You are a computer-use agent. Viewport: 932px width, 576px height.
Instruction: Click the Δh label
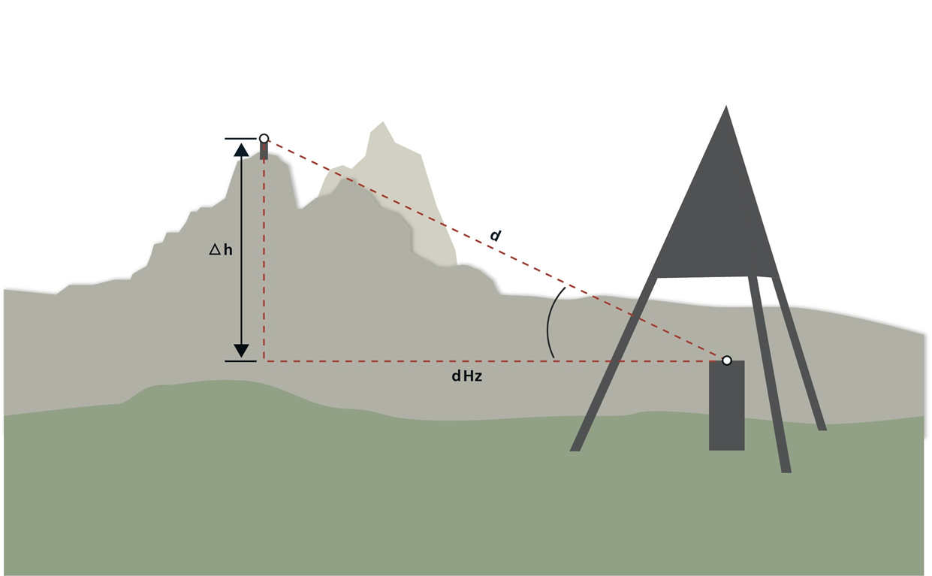click(x=221, y=250)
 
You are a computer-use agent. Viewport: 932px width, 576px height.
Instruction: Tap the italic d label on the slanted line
click(x=495, y=236)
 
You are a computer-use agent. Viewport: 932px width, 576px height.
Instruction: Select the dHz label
click(x=467, y=376)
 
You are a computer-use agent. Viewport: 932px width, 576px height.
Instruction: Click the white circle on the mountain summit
click(x=264, y=138)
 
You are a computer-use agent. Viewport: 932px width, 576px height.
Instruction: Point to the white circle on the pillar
click(x=726, y=360)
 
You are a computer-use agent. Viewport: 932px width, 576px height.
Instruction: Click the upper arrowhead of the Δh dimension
click(x=241, y=150)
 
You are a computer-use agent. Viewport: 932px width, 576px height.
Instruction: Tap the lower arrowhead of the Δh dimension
click(x=241, y=351)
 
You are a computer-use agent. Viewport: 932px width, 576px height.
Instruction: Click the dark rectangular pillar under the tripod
click(x=726, y=406)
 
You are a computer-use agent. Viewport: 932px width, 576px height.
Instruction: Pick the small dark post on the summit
click(x=264, y=151)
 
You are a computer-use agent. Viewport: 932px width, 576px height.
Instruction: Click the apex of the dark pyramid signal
click(x=726, y=106)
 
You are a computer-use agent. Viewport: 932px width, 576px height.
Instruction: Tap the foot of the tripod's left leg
click(x=575, y=448)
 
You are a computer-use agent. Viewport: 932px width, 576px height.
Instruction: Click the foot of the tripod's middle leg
click(x=786, y=469)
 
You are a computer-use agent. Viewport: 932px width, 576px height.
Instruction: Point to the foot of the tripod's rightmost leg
click(x=822, y=427)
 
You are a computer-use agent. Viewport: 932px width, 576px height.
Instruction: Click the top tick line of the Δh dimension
click(x=240, y=138)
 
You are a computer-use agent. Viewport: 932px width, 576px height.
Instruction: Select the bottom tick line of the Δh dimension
click(x=240, y=361)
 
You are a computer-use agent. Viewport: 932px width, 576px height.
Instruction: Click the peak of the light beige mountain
click(x=383, y=122)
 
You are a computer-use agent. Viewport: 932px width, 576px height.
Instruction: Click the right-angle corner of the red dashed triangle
click(x=264, y=361)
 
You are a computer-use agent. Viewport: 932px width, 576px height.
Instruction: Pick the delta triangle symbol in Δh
click(x=215, y=249)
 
